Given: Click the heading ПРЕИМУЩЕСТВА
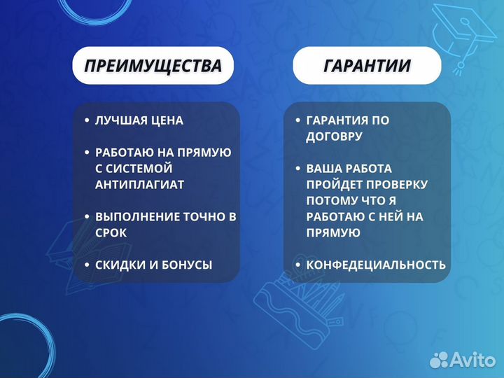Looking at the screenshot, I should pyautogui.click(x=153, y=66).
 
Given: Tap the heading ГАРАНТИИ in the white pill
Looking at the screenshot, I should pyautogui.click(x=367, y=66).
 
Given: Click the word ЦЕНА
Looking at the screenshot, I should pyautogui.click(x=166, y=120).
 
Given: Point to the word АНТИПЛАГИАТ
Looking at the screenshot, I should pyautogui.click(x=139, y=185).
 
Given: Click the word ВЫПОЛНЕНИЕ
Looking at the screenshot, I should pyautogui.click(x=135, y=217).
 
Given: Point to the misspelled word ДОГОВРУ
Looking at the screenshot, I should pyautogui.click(x=334, y=136).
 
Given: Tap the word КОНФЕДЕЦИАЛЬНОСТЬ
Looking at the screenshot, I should pyautogui.click(x=375, y=265).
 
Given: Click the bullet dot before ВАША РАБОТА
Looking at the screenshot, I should pyautogui.click(x=297, y=169).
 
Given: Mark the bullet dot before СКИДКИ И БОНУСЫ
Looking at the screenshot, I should pyautogui.click(x=86, y=265).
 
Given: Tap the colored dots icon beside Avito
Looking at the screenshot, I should pyautogui.click(x=440, y=359).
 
